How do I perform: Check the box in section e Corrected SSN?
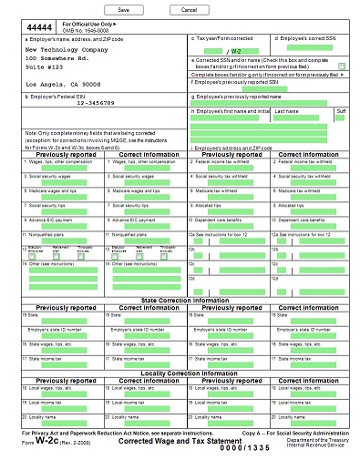pos(342,66)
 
